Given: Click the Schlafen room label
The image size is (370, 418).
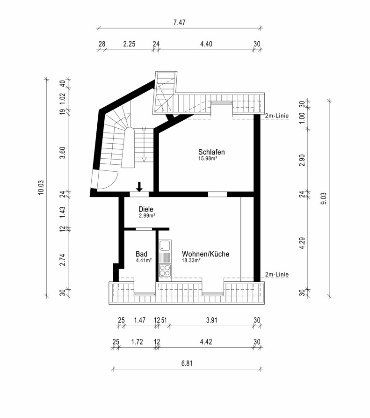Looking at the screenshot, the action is coord(211,152).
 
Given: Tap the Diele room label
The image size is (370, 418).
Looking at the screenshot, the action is coord(146,209).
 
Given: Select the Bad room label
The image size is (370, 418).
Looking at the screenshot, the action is coord(141,254).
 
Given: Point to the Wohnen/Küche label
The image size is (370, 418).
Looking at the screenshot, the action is coord(206,254).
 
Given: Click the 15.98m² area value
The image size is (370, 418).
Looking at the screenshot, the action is coord(208,158).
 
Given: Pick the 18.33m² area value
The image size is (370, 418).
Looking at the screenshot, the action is coord(191,260).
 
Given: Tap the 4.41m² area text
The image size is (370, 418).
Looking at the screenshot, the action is coord(144,260).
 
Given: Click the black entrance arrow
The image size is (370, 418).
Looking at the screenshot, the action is coord(139,187).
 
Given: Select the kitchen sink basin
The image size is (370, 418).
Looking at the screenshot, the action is coord(165,246).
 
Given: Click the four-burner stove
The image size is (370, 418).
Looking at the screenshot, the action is coord(165,270).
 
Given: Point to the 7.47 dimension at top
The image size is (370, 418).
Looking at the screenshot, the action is coord(180,22).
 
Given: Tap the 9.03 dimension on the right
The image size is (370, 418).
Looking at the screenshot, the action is coord(324,198).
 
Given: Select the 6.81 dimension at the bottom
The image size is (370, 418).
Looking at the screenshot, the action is coord(187,364).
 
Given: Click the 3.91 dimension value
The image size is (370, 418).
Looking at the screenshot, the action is coord(212,320).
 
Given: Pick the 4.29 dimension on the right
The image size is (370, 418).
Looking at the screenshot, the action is coord(302,243).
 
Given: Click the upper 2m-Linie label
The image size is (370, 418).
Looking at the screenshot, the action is coord(277,116).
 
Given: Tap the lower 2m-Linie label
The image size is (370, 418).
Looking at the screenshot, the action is coord(277,274).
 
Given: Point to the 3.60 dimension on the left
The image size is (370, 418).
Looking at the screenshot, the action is coord(63,153).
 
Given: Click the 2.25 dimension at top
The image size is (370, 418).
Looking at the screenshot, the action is coord(129,44).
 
